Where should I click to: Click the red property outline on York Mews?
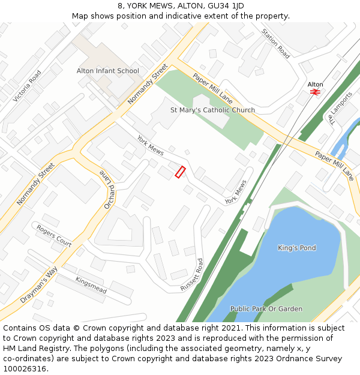point(180,172)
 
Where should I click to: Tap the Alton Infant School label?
point(108,71)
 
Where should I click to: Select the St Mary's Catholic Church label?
point(212,110)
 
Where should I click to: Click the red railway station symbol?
point(315,92)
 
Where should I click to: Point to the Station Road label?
point(275,44)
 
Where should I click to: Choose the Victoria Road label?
point(27,86)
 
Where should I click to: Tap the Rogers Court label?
point(54,236)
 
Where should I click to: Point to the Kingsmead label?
point(91,285)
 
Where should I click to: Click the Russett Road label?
point(193,275)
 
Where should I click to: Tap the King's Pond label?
point(296,248)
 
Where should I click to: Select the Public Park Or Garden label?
point(266,309)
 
